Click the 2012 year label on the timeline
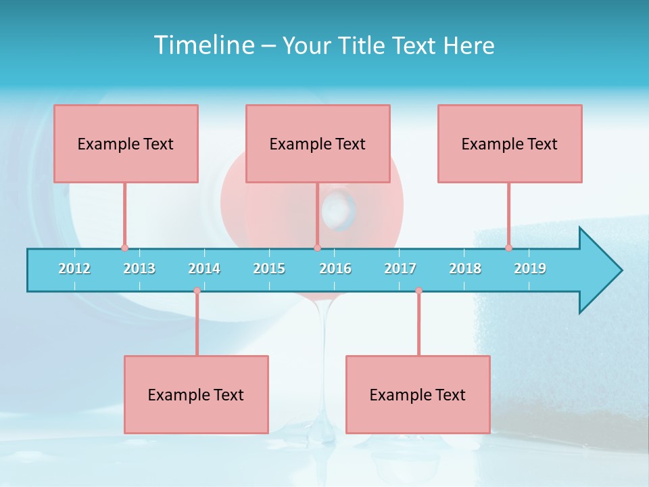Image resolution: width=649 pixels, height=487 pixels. coord(74,269)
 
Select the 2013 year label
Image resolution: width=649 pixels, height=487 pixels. coord(139,269)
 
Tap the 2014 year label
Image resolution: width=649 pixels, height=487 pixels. coord(204,269)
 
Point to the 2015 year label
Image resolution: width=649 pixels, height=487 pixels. coord(269,269)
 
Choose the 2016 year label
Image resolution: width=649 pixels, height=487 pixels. coord(335,269)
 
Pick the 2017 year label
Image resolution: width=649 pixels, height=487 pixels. coord(400,269)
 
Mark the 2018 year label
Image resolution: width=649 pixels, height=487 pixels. coord(465,269)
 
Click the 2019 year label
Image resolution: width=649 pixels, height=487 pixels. coord(530,269)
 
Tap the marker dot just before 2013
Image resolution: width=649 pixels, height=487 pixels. coord(124,248)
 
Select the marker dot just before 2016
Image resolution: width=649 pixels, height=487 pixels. coord(317,248)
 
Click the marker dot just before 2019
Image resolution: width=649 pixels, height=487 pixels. coord(509,248)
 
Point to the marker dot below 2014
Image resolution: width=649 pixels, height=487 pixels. coord(197,291)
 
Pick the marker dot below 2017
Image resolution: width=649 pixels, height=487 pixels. coord(418,291)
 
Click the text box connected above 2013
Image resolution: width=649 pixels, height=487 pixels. coord(126,143)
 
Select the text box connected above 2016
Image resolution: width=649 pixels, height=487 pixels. coord(318,143)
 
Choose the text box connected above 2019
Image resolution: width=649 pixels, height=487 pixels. coord(510,143)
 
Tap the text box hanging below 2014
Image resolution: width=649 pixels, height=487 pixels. coord(196,394)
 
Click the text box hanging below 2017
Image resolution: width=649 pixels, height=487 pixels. coord(418,394)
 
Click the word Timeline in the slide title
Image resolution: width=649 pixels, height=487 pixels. coord(203,45)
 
